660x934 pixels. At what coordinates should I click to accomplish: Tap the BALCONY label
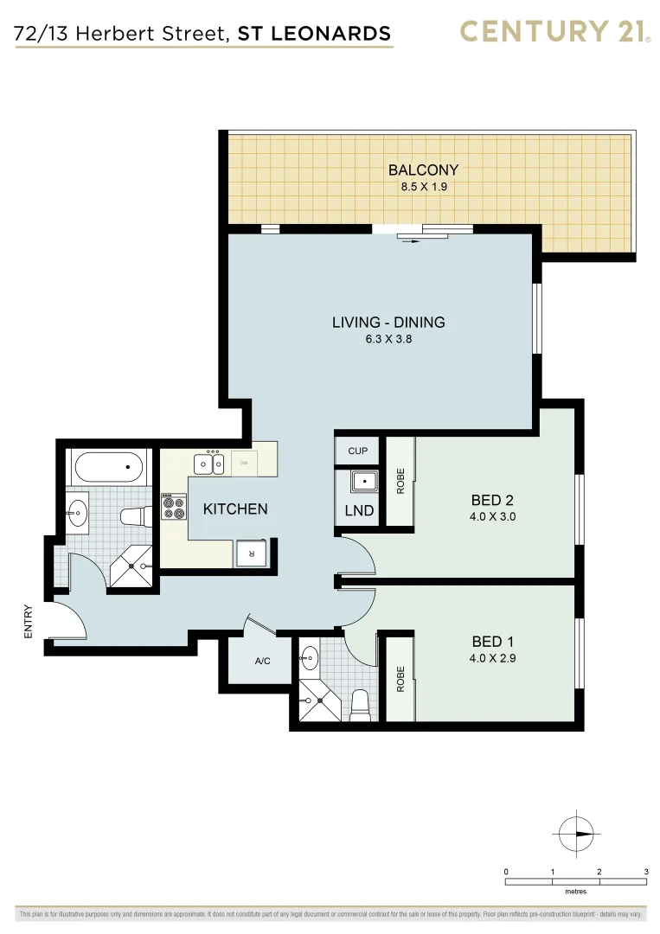423,170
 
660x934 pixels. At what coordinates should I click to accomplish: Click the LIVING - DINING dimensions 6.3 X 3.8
388,340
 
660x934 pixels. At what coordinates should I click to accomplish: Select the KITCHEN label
235,509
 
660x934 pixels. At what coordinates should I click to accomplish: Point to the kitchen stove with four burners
174,507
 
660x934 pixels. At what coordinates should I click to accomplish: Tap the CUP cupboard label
358,451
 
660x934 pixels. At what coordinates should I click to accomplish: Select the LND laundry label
359,511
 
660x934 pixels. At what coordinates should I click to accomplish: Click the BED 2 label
492,500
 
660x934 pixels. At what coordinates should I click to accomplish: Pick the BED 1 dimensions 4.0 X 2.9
492,658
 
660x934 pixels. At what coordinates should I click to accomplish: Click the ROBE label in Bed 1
400,679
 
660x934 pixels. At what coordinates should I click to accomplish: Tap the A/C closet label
263,662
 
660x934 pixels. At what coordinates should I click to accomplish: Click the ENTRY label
27,621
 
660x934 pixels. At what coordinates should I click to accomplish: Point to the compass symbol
576,834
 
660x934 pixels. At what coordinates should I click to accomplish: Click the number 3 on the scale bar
646,871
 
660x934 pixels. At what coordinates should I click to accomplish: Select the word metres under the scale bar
575,892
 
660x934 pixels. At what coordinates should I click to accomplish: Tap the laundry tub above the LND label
364,483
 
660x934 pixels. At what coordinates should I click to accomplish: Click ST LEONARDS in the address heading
315,35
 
